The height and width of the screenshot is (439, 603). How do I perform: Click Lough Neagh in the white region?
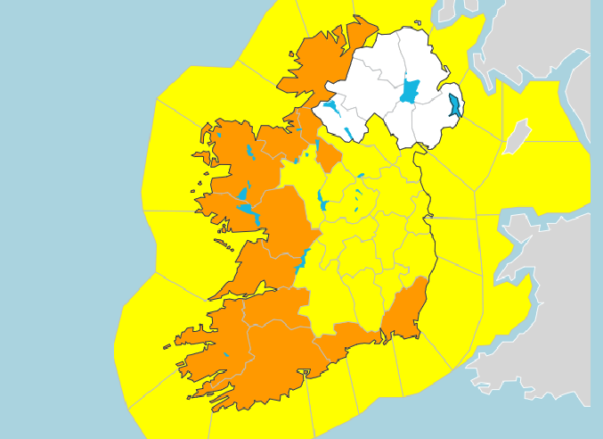point(410,91)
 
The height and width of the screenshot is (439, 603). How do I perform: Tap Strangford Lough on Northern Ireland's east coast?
point(455,105)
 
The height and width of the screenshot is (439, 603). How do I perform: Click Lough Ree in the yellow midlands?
point(322,202)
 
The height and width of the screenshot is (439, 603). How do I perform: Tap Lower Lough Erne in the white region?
point(331,112)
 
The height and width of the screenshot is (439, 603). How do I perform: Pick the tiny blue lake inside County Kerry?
point(226,354)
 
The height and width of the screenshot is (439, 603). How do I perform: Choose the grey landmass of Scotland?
point(543,36)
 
